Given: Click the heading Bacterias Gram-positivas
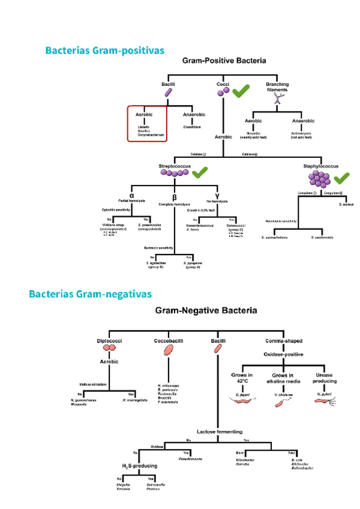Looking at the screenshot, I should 104,50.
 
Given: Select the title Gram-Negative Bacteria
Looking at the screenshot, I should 206,311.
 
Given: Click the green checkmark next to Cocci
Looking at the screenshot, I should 242,91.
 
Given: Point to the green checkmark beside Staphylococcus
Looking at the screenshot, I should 341,178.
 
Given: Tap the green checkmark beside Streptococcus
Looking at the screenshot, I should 200,173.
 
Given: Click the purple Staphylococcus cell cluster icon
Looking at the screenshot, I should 318,179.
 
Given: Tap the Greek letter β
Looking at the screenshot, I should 174,197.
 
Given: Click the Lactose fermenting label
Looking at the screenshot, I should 220,431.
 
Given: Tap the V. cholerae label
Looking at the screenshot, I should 283,394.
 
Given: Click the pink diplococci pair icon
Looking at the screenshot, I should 109,348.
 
